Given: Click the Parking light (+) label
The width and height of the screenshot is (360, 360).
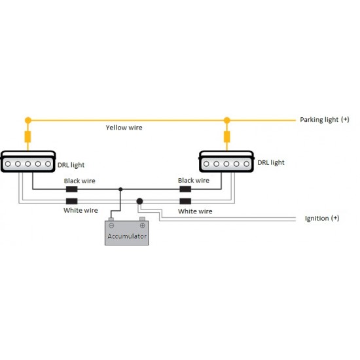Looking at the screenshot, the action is tap(325, 120).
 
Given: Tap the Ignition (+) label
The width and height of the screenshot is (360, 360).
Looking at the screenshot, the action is tap(322, 218).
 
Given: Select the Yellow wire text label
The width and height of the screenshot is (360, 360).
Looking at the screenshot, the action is tap(124, 128).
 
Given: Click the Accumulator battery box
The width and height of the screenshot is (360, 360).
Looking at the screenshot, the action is tap(127, 232).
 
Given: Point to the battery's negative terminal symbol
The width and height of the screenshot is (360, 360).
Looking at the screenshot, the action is tap(111, 225).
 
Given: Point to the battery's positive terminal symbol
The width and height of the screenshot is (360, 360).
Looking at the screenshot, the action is tap(142, 225).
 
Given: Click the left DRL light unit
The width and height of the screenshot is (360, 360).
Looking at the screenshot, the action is tap(28, 162).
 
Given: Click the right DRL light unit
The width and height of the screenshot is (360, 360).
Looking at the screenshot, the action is tap(226, 162).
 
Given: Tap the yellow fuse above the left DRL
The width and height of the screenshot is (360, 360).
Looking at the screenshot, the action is tap(27, 137).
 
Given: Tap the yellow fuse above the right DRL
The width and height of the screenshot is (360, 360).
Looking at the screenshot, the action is tap(227, 137).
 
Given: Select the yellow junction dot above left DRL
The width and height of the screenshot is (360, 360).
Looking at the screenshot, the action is tap(28, 120).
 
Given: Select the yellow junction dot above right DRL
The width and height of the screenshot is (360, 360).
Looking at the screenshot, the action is tap(227, 120).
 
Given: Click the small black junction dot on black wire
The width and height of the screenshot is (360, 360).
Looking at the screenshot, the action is tap(120, 189).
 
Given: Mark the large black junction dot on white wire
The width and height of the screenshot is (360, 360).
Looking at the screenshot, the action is tap(139, 202).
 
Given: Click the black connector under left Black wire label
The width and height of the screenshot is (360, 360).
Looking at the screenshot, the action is tap(71, 189).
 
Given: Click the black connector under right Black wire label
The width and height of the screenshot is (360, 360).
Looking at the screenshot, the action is tap(185, 189).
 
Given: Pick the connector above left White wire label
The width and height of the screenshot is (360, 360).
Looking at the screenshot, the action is tap(71, 201).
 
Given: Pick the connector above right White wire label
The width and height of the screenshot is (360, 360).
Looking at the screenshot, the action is tap(185, 201).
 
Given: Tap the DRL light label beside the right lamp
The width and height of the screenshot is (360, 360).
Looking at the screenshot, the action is tap(271, 162).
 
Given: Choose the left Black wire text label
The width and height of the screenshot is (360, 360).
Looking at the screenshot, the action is tap(80, 181).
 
